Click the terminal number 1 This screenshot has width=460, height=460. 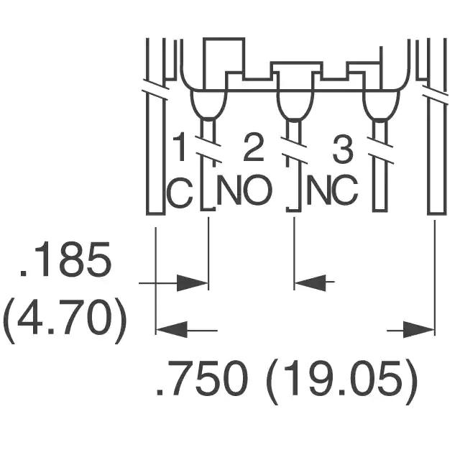[180, 147]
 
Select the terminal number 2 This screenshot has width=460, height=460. [253, 147]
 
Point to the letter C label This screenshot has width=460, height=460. [179, 192]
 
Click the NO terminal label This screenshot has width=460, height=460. [244, 190]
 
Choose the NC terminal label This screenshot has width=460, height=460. [332, 190]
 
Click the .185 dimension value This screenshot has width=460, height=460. [65, 259]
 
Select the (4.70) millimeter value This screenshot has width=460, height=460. [65, 321]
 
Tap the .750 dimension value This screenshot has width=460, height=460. [202, 379]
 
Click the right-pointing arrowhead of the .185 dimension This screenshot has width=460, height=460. [193, 283]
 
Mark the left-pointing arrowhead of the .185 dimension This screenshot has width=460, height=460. [310, 283]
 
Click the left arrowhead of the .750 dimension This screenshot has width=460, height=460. [172, 329]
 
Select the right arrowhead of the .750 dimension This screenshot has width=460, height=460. [419, 329]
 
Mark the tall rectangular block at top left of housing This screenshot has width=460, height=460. [224, 63]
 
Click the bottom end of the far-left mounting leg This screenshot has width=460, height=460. [155, 213]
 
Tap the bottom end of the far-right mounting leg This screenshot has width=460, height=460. [437, 213]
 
